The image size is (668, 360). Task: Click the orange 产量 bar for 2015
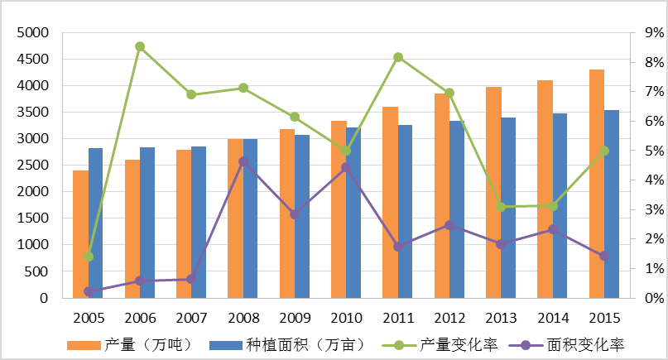coord(596,184)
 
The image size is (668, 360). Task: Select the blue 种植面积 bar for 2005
coord(95,223)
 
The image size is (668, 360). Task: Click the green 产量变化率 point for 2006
coord(140,46)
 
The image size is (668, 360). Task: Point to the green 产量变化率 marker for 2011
coord(398,57)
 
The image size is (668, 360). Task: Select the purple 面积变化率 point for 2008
coord(243,161)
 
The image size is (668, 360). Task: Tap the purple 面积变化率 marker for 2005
coord(89,291)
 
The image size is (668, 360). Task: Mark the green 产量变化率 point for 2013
coord(501,207)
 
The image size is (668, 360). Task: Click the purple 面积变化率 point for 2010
coord(346,167)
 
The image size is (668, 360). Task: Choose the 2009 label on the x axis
coord(295,319)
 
